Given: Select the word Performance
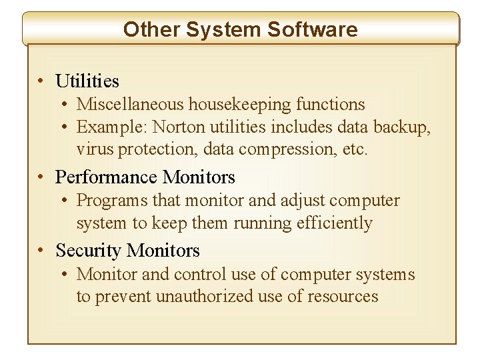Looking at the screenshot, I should pos(107,177).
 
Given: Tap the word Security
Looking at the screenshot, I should pos(89,251).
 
